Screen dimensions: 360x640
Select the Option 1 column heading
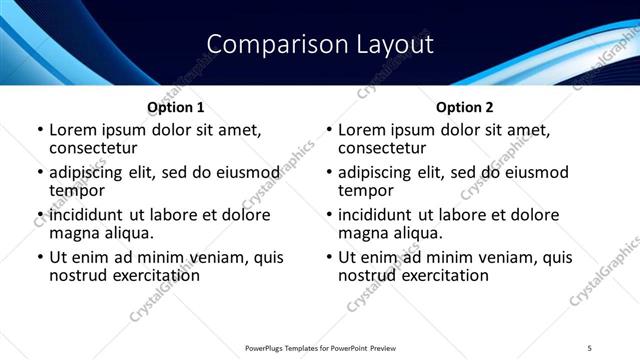[x=176, y=107]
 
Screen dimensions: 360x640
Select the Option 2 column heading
[x=465, y=107]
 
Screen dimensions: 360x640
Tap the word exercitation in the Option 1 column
[x=152, y=275]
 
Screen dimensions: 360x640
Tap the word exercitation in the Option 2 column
[x=441, y=275]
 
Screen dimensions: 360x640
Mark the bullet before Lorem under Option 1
[x=40, y=130]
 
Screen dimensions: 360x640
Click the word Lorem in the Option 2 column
[x=361, y=129]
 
